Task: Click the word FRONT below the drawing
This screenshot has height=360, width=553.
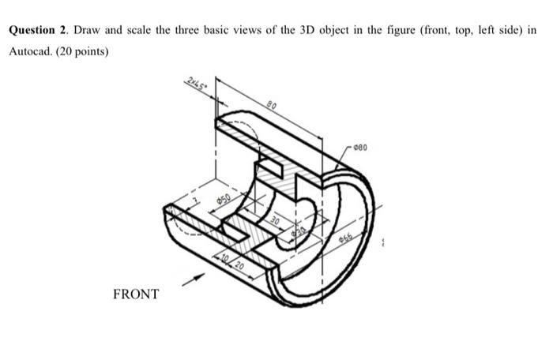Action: pyautogui.click(x=136, y=294)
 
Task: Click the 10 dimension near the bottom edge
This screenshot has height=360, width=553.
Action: pyautogui.click(x=224, y=257)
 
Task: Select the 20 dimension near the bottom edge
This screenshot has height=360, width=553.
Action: pyautogui.click(x=239, y=262)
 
